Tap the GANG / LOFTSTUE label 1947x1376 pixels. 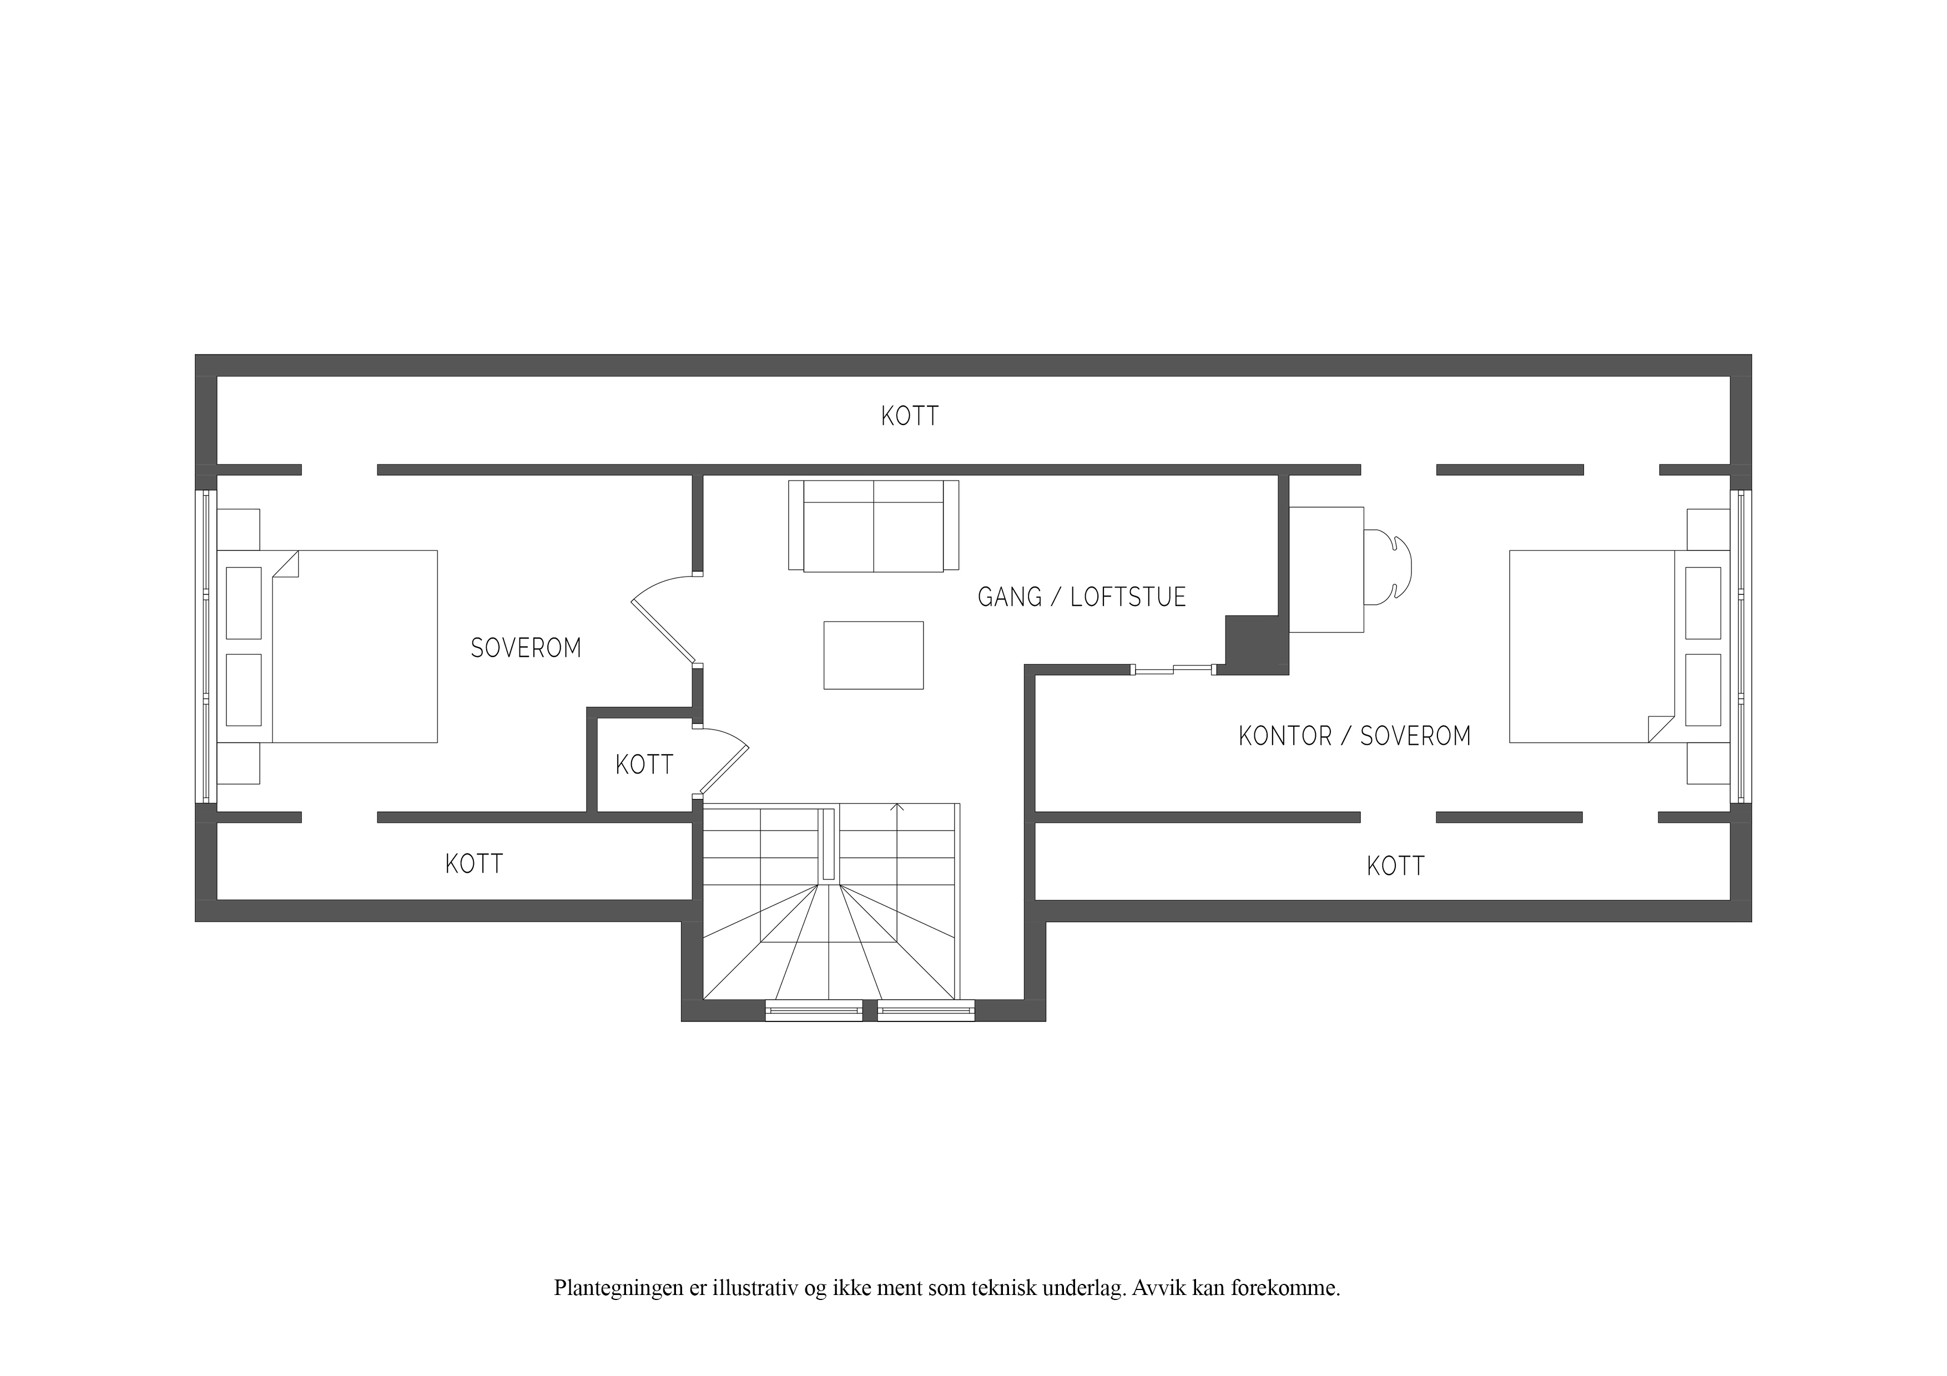[1081, 597]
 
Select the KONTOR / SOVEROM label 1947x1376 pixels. [1354, 736]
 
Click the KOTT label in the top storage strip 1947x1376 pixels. [909, 416]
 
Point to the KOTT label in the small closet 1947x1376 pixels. [644, 765]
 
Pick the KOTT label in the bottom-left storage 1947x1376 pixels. [474, 864]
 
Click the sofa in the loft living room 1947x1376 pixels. [874, 525]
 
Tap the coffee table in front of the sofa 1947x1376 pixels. [874, 655]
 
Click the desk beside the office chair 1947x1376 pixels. [1326, 570]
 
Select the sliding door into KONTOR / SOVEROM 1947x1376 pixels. [1174, 670]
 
